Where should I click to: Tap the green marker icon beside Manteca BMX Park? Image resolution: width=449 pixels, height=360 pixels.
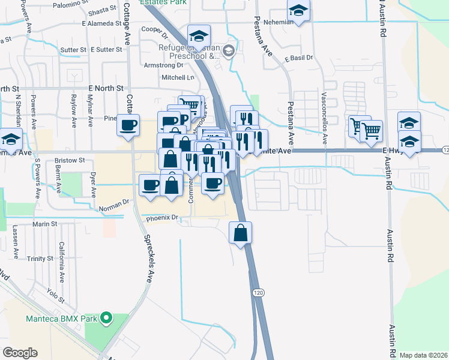(x=107, y=318)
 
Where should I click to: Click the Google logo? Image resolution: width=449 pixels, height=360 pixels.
(x=20, y=353)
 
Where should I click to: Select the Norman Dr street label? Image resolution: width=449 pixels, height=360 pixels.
(x=117, y=203)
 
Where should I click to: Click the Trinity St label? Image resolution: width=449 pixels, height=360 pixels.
(x=40, y=259)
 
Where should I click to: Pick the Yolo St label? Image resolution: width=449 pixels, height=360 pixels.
(x=54, y=292)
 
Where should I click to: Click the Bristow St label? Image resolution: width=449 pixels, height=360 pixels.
(x=70, y=161)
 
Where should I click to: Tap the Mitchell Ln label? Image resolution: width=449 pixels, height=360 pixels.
(x=178, y=78)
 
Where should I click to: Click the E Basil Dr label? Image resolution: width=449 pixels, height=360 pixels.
(x=299, y=58)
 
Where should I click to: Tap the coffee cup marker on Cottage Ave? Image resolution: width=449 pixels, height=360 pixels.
(x=128, y=125)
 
